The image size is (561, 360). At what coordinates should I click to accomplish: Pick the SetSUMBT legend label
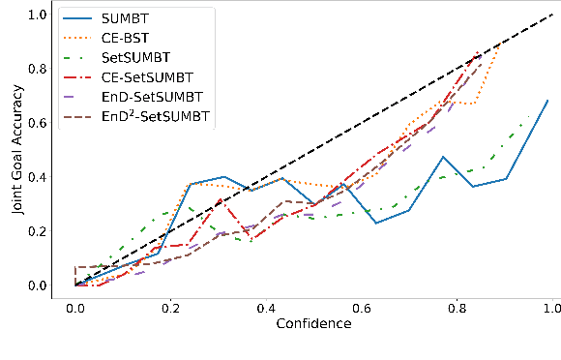click(133, 60)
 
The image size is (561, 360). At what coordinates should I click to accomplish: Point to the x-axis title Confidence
click(313, 322)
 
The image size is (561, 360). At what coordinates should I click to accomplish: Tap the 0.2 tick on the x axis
click(170, 305)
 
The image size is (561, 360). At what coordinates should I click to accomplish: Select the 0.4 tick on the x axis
click(265, 305)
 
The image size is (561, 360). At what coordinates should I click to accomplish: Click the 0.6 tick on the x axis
click(361, 305)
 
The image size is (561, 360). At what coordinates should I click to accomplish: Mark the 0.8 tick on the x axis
click(457, 305)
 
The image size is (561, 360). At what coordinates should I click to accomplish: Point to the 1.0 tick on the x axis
click(551, 305)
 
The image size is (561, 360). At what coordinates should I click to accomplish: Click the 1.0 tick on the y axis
click(37, 15)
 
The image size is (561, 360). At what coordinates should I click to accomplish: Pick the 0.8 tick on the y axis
click(37, 70)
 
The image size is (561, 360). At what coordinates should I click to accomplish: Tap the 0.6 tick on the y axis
click(37, 124)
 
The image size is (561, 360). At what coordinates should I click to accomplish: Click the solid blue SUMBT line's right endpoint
click(549, 100)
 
